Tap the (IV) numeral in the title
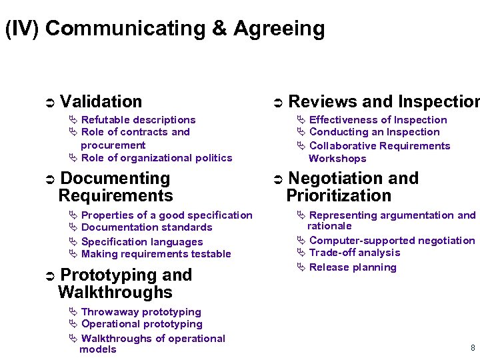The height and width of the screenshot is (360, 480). pyautogui.click(x=22, y=29)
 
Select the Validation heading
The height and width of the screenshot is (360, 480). pyautogui.click(x=101, y=101)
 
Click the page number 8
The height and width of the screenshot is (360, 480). pyautogui.click(x=473, y=348)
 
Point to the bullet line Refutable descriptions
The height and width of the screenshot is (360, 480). pyautogui.click(x=138, y=120)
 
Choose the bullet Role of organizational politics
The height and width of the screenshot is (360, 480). pyautogui.click(x=156, y=158)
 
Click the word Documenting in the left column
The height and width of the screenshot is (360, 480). pyautogui.click(x=115, y=179)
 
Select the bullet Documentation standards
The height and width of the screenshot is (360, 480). pyautogui.click(x=146, y=227)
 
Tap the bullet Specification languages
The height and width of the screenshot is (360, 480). pyautogui.click(x=141, y=242)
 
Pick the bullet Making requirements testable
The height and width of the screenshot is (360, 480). pyautogui.click(x=155, y=254)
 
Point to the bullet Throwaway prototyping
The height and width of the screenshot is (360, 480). pyautogui.click(x=141, y=312)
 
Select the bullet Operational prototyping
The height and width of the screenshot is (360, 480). pyautogui.click(x=141, y=324)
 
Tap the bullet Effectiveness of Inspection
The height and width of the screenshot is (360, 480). pyautogui.click(x=378, y=120)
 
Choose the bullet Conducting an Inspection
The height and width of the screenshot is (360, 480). pyautogui.click(x=374, y=132)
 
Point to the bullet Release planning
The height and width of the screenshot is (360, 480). pyautogui.click(x=353, y=267)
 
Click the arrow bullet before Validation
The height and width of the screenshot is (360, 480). pyautogui.click(x=48, y=103)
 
